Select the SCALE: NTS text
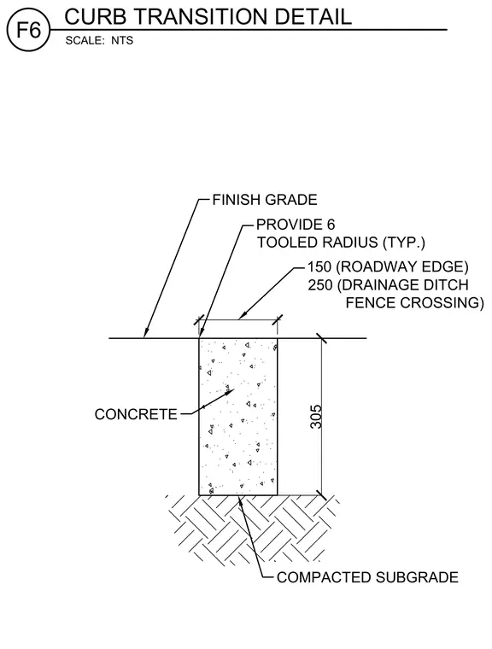click(x=99, y=41)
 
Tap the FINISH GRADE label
click(x=265, y=200)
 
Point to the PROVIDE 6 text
click(x=296, y=225)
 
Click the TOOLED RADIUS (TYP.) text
click(x=341, y=243)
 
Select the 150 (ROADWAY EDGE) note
click(x=388, y=267)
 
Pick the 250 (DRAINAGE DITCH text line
click(x=388, y=284)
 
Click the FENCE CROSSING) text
click(x=414, y=302)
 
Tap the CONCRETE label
click(x=136, y=414)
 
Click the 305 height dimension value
click(x=316, y=417)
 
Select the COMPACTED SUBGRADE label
click(x=367, y=577)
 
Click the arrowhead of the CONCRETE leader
click(x=231, y=391)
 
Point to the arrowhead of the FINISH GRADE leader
click(x=145, y=334)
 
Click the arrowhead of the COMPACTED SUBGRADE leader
click(x=241, y=499)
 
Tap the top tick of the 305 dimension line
click(x=321, y=338)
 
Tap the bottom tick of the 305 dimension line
click(x=321, y=494)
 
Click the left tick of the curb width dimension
click(x=199, y=319)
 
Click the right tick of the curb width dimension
click(x=277, y=319)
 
